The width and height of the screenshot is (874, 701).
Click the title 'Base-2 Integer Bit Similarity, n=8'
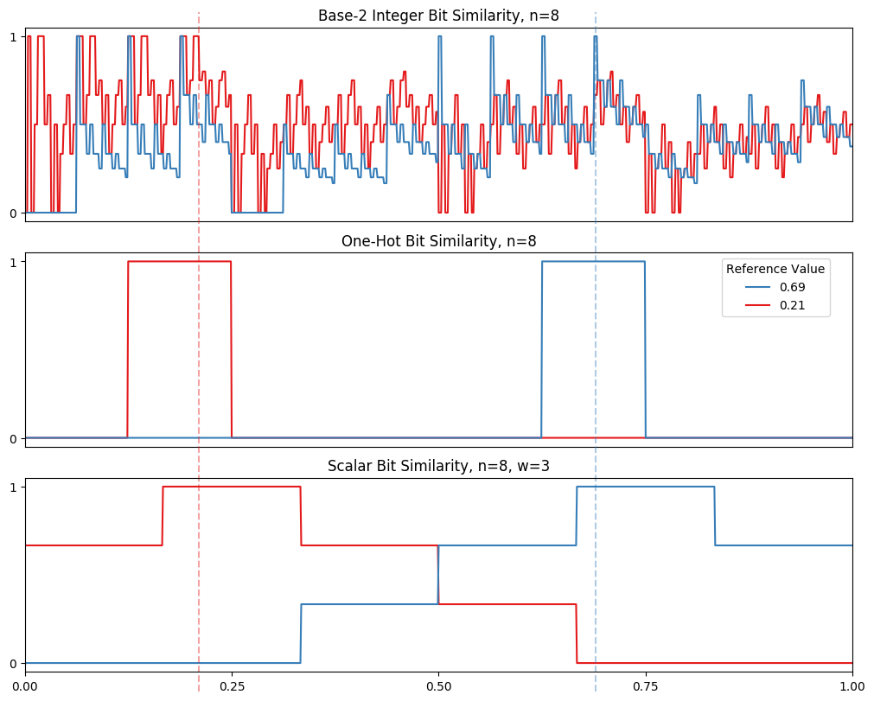tap(438, 16)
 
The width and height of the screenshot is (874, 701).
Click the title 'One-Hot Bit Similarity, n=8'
tap(438, 241)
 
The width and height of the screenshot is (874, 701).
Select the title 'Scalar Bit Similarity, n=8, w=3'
tap(438, 467)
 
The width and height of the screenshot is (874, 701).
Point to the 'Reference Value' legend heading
tap(775, 269)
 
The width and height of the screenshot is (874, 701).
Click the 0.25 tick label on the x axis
tap(232, 686)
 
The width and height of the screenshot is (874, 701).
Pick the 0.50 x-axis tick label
tap(438, 686)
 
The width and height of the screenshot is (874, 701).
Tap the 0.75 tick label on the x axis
tap(645, 686)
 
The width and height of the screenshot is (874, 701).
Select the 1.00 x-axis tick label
tap(852, 686)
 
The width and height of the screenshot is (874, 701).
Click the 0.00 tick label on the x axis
tap(25, 686)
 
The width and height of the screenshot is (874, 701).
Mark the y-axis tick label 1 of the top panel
tap(14, 36)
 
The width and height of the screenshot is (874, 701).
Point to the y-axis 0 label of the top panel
tap(14, 213)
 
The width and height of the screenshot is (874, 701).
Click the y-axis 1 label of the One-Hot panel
tap(14, 262)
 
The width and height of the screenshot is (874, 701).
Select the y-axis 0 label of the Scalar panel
tap(14, 664)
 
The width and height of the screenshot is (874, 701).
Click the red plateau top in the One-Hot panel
tap(180, 261)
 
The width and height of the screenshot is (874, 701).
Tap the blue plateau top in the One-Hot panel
tap(593, 261)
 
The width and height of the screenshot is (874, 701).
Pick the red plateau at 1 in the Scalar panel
tap(232, 487)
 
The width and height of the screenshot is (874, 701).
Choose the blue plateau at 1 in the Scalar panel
tap(645, 487)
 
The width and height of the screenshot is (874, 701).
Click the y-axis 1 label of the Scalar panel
tap(14, 488)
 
